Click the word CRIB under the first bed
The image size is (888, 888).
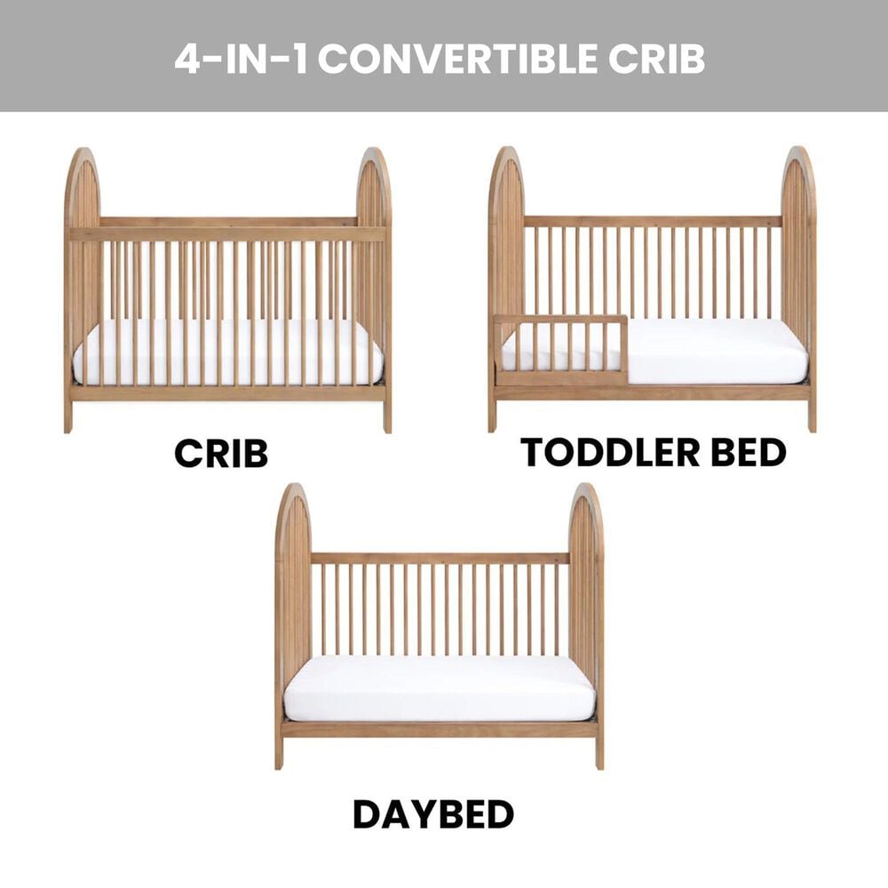pos(221,453)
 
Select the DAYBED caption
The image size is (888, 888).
pos(433,814)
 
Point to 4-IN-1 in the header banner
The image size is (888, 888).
pos(241,58)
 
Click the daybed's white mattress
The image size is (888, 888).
pos(440,688)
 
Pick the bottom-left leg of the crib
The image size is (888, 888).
pos(68,416)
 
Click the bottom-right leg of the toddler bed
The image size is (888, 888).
pos(812,416)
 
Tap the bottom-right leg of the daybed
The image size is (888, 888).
pos(599,752)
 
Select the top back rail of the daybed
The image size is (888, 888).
pos(440,559)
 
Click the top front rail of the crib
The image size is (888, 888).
pos(228,234)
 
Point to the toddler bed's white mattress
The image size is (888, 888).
pos(710,351)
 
